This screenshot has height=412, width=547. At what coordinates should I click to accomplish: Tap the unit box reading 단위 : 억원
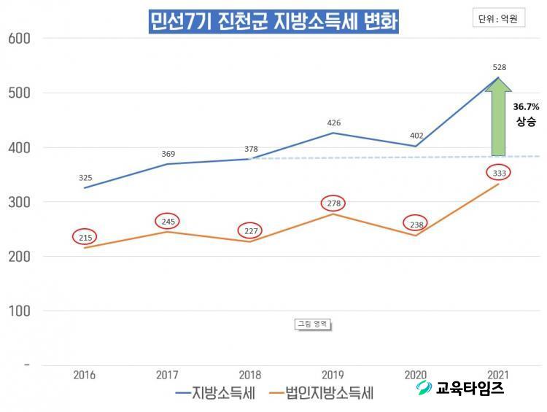(x=498, y=20)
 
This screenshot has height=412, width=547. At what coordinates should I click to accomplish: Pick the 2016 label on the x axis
(x=84, y=375)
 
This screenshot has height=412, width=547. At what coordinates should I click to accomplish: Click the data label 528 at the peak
(x=500, y=67)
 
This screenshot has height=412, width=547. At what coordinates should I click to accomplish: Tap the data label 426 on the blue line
(x=333, y=123)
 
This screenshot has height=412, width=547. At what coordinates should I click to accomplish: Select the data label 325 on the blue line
(x=85, y=177)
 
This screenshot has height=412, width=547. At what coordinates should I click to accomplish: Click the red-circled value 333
(x=499, y=173)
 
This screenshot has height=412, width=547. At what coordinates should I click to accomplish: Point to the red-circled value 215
(x=85, y=238)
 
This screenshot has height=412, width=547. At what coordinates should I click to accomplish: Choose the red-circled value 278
(x=333, y=203)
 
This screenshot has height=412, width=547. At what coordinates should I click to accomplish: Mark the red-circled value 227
(x=249, y=230)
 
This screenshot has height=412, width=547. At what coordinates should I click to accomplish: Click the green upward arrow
(x=499, y=117)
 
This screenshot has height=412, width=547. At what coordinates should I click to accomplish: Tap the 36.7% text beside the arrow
(x=527, y=106)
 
